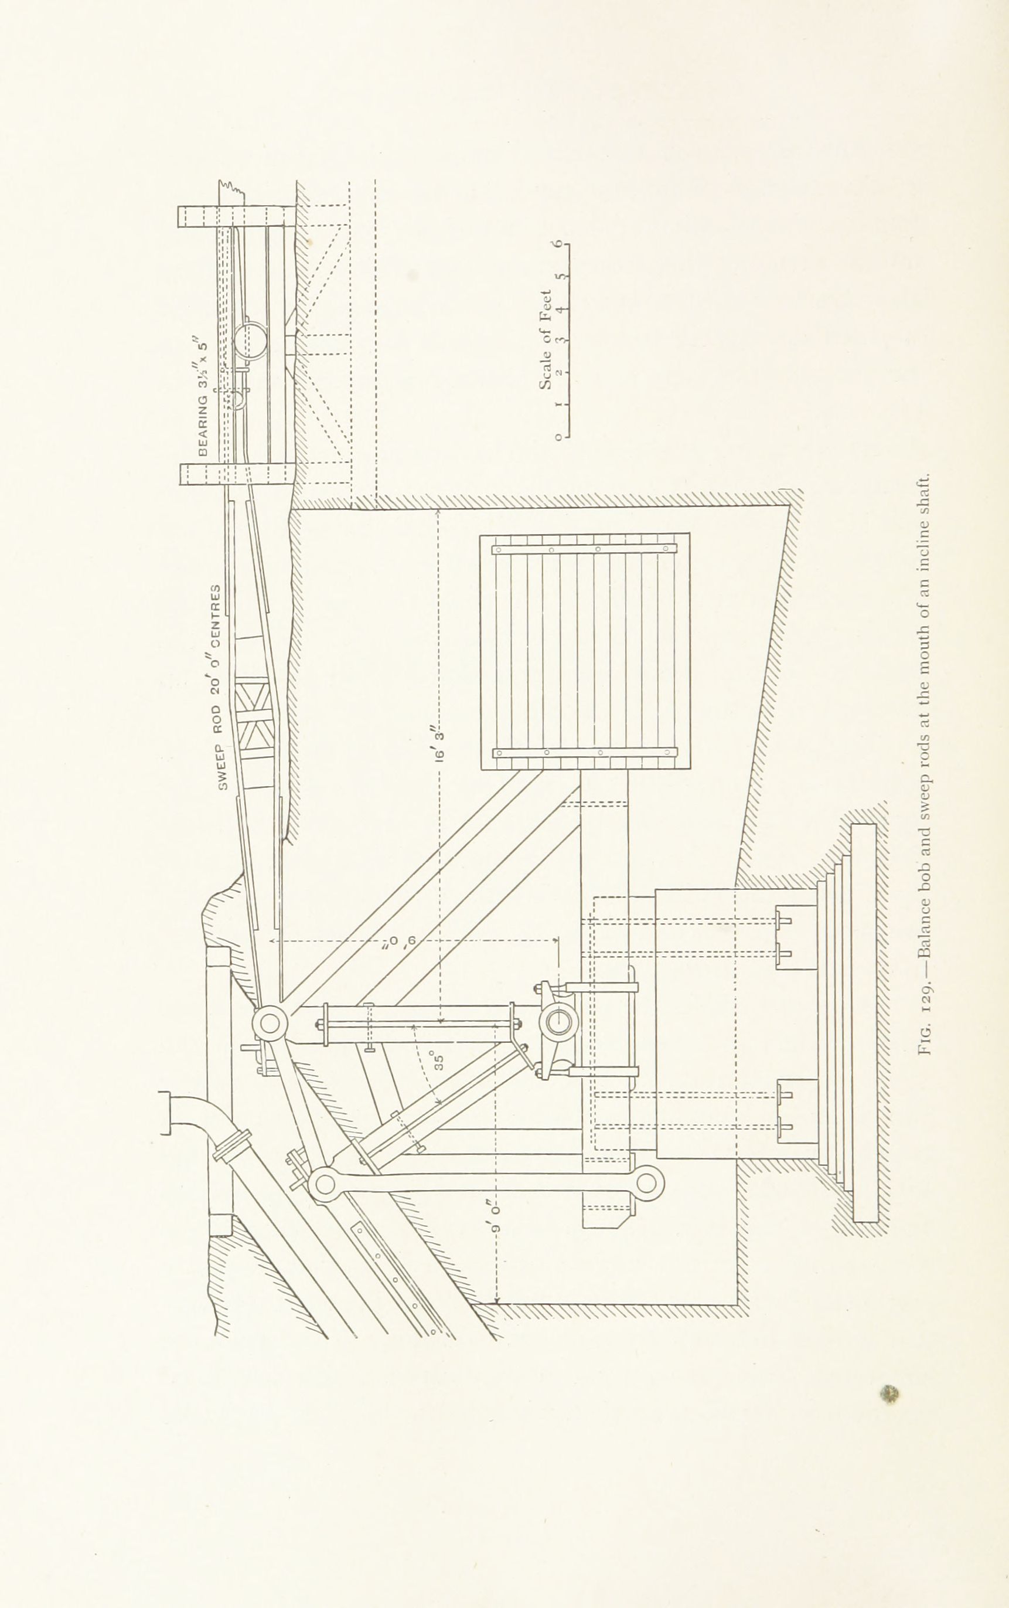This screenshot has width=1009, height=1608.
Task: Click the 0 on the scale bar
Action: pyautogui.click(x=557, y=437)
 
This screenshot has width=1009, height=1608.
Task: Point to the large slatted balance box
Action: pyautogui.click(x=585, y=651)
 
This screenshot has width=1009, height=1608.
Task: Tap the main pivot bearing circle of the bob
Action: pyautogui.click(x=559, y=1020)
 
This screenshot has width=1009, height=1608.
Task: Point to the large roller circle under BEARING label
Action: pyautogui.click(x=251, y=341)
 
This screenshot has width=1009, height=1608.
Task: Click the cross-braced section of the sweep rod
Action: pyautogui.click(x=254, y=718)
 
